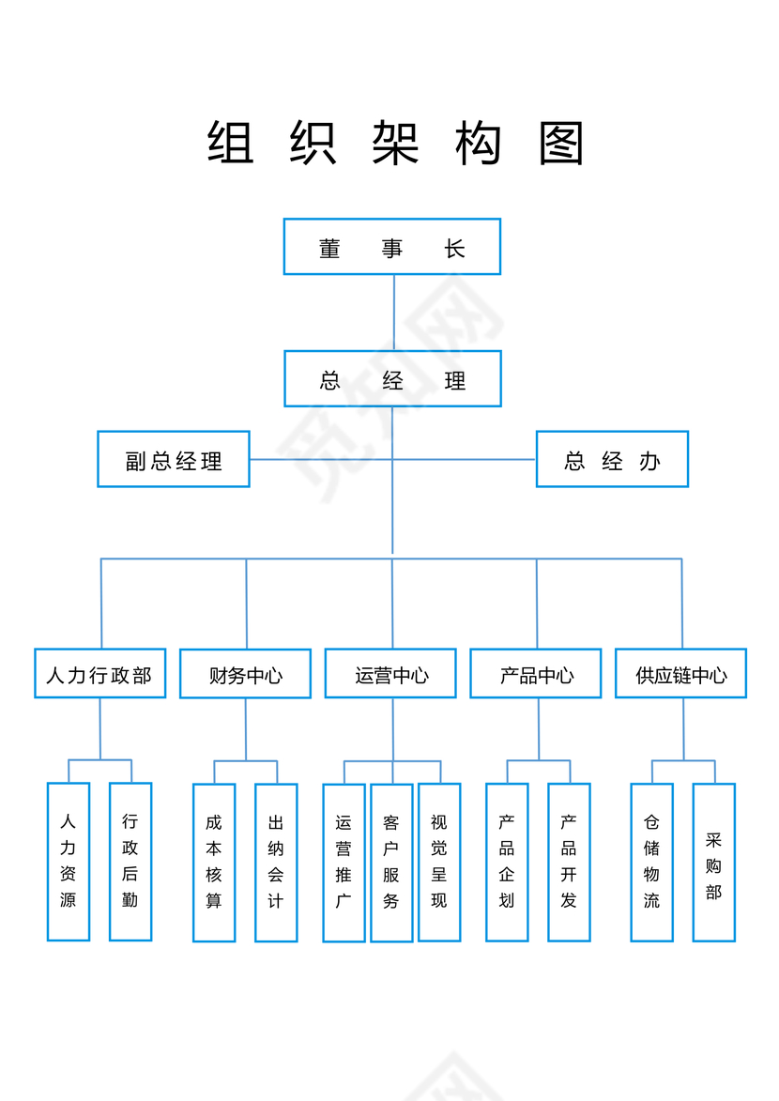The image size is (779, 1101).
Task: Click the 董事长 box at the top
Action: [x=392, y=247]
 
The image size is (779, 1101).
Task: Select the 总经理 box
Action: [x=392, y=379]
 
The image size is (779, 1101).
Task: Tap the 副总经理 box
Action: [x=174, y=460]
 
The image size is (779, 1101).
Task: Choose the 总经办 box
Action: [x=612, y=460]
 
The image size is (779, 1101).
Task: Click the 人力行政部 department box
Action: [x=99, y=674]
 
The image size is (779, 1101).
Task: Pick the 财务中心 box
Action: [x=245, y=675]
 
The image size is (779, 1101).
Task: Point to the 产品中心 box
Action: [x=536, y=674]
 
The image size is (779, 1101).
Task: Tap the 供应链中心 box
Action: [x=680, y=674]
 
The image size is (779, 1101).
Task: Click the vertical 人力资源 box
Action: [x=69, y=862]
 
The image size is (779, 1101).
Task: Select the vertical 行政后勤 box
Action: [x=130, y=862]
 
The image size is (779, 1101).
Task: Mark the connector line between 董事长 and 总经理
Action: [x=393, y=313]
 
